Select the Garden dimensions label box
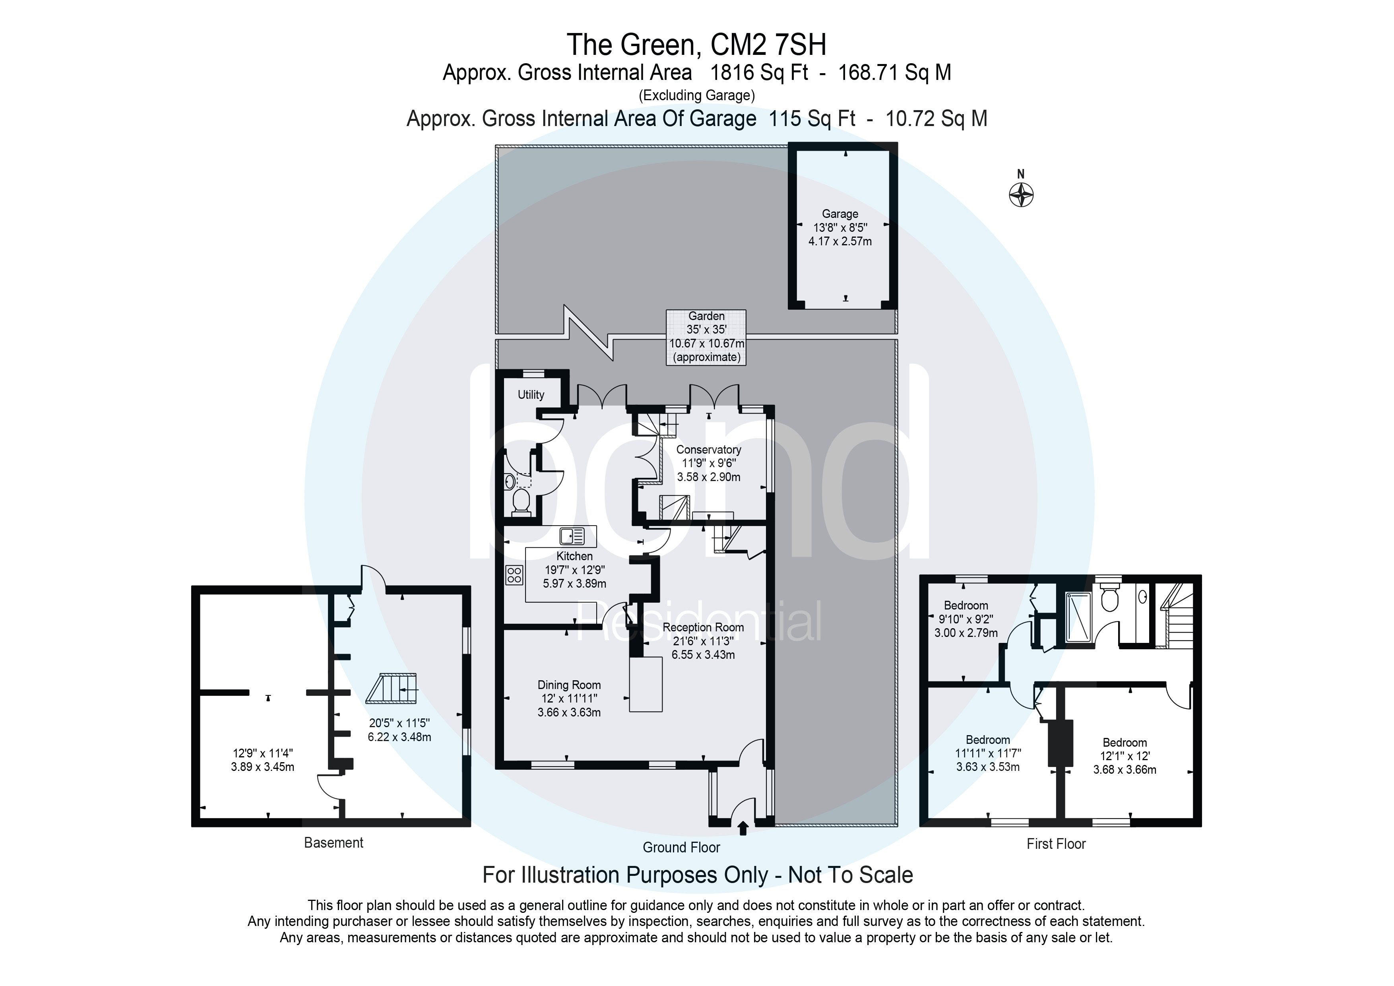coord(706,337)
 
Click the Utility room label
coord(531,395)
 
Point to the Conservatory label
coord(709,450)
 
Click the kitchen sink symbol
coord(572,536)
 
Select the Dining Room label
coord(569,685)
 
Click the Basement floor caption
coord(333,843)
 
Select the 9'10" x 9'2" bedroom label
coord(966,619)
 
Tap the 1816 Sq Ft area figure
coord(759,73)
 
